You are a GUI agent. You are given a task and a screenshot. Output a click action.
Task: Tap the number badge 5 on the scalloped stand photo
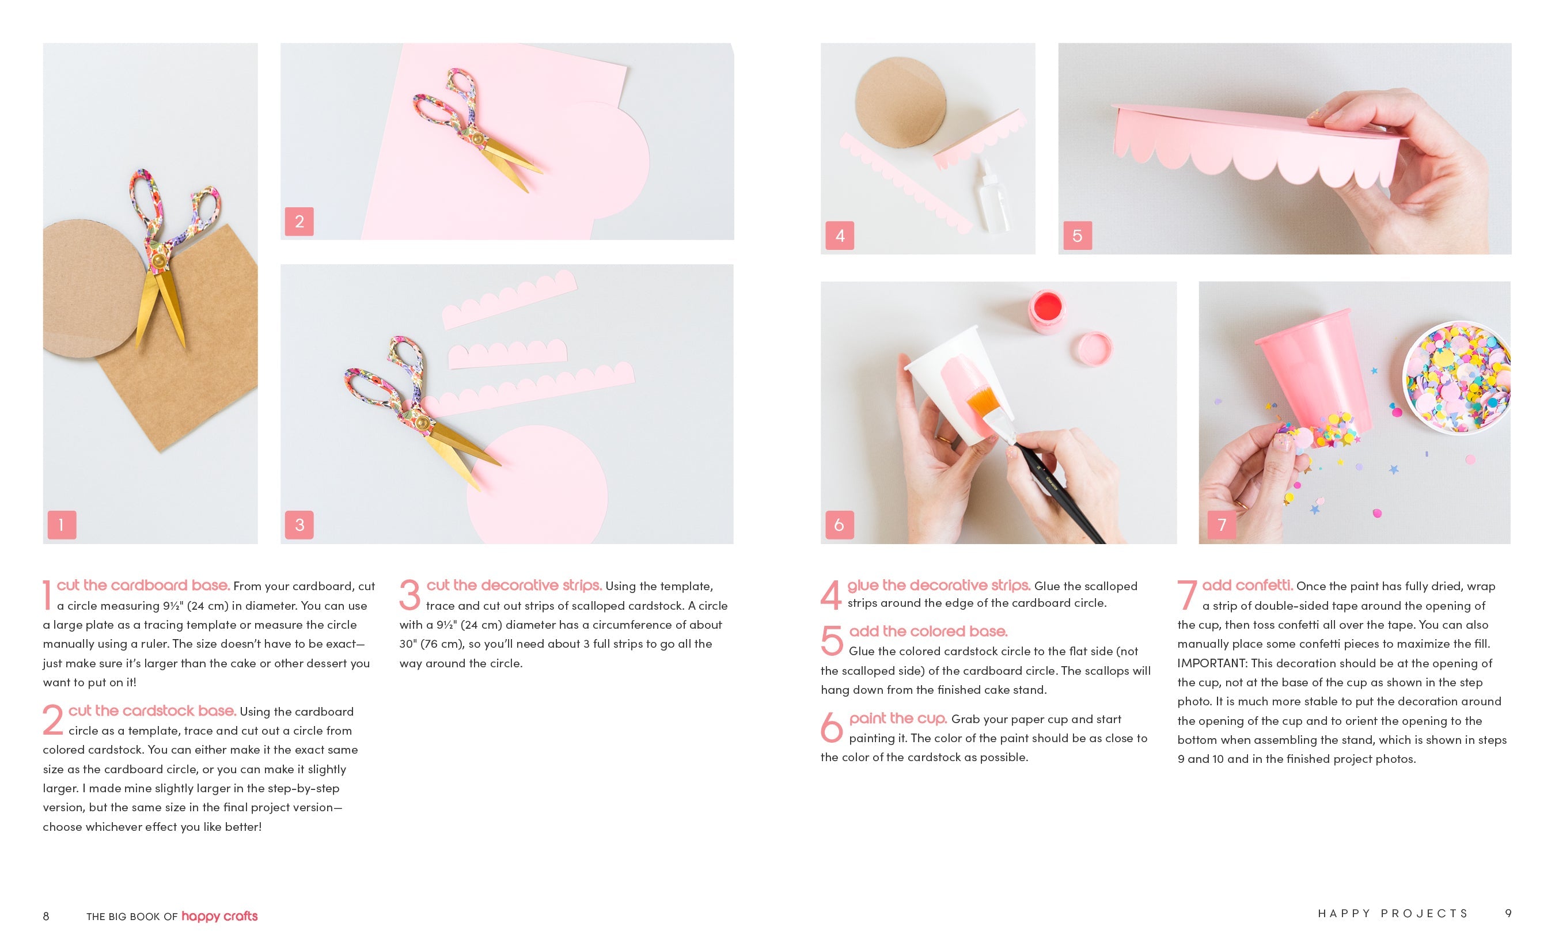[1077, 235]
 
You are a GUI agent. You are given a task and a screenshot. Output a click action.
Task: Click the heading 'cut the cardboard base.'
[143, 586]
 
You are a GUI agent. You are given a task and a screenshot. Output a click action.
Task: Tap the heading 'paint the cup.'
[898, 719]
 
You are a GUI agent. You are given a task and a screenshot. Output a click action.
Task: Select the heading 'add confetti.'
[1247, 586]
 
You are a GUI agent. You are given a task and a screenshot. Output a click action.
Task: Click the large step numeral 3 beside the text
[409, 595]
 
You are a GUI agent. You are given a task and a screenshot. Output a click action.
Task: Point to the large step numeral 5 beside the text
[832, 640]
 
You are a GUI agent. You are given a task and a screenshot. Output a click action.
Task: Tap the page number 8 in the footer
[46, 916]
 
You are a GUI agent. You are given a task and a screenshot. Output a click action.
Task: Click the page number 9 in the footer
[1508, 913]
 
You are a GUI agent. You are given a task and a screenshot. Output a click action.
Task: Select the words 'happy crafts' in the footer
[219, 917]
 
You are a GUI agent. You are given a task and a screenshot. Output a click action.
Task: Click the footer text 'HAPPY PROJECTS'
[1393, 913]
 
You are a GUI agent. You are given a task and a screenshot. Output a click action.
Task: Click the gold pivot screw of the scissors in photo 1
[159, 259]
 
